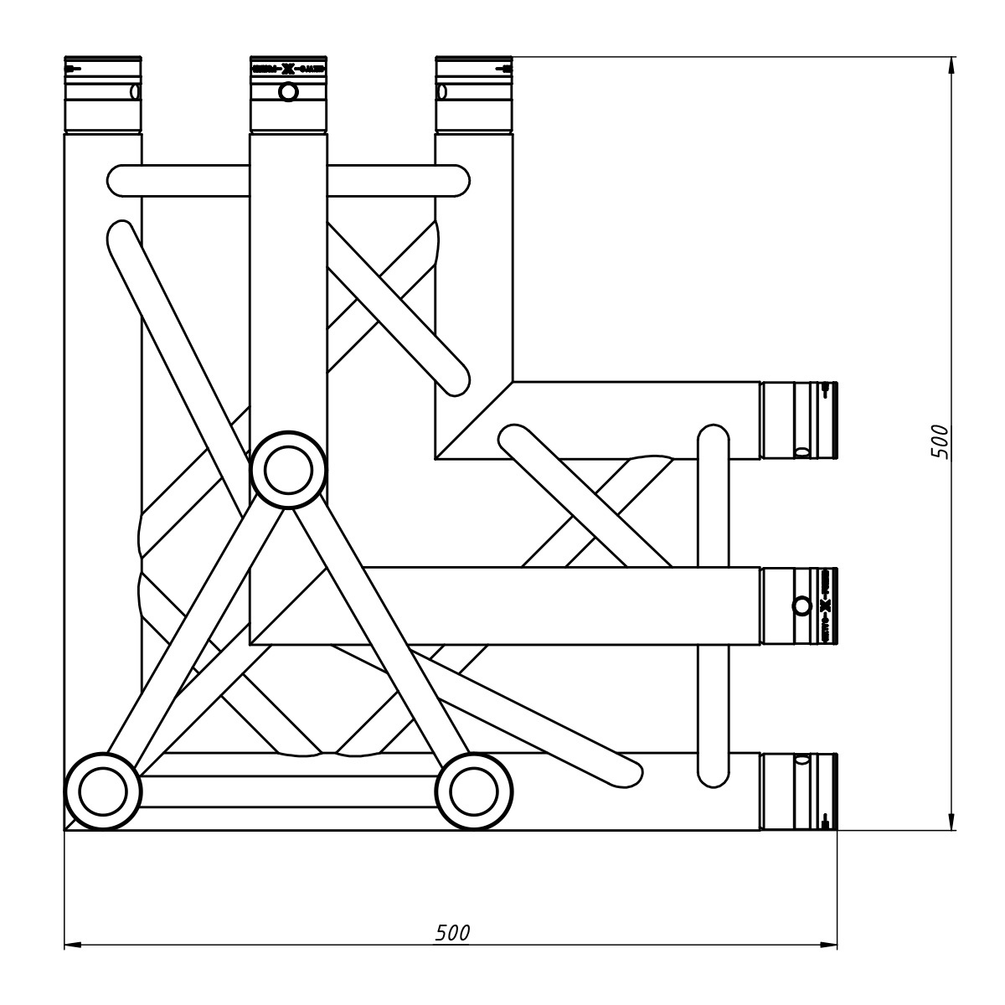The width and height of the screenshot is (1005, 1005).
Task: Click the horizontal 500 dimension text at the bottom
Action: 452,933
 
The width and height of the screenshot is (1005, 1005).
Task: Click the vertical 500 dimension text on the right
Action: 941,441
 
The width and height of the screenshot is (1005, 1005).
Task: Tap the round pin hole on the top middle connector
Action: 288,91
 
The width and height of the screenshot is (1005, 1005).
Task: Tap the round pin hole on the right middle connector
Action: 801,606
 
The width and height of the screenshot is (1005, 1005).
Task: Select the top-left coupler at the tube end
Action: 103,95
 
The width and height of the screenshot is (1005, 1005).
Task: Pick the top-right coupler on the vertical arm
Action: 474,95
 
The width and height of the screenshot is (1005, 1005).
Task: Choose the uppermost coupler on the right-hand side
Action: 798,420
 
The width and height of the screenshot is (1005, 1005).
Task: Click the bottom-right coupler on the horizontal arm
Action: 798,791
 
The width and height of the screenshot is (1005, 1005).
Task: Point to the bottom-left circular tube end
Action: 103,791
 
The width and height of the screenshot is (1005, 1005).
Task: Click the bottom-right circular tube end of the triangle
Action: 474,791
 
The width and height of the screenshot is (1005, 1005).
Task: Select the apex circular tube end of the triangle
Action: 288,470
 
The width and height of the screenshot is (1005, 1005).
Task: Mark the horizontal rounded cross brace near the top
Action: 288,181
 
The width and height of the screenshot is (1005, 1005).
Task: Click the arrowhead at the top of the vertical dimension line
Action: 951,65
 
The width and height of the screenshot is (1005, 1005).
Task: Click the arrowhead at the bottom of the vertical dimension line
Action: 951,822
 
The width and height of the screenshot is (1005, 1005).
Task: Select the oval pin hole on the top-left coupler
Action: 134,91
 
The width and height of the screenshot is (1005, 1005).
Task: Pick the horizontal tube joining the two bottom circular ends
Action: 288,791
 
